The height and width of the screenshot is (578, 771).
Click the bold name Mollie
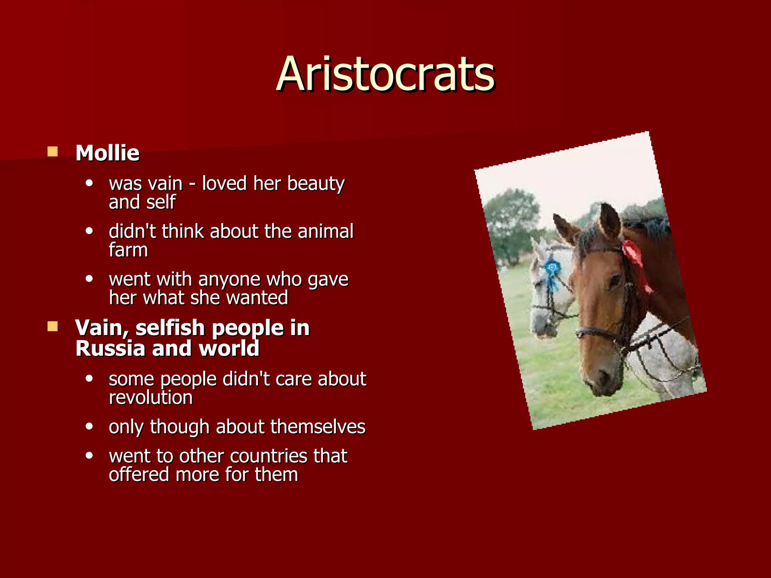pos(107,153)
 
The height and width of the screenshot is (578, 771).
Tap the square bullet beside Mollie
pos(52,152)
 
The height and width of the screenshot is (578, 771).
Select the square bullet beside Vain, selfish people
pos(52,326)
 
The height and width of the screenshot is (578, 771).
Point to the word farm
pos(128,250)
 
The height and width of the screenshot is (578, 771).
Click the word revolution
pos(151,398)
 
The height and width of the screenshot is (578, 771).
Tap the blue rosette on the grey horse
pos(552,269)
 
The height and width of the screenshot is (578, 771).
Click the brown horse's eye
pos(615,280)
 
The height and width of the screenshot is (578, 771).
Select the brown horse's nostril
pos(605,376)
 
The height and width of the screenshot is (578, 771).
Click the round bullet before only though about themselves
pos(89,426)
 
